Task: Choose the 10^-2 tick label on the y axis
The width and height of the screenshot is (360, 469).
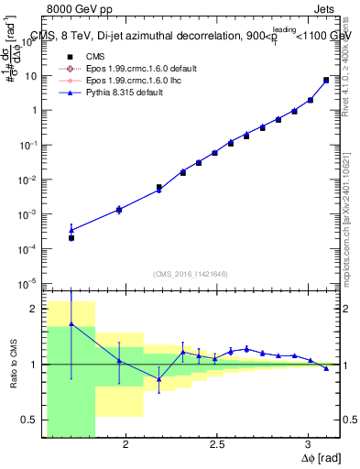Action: coord(29,180)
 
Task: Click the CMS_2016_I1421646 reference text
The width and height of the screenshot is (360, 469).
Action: coord(190,274)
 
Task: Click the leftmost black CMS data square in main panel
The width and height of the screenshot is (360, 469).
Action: coord(71,237)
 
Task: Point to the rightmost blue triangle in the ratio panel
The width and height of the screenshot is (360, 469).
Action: coord(326,368)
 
